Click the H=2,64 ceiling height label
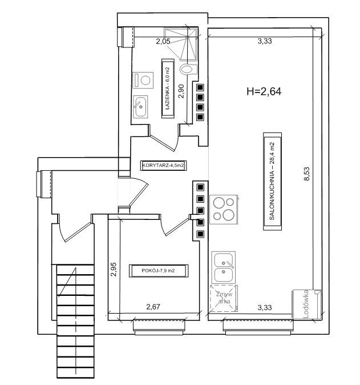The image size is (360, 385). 264,91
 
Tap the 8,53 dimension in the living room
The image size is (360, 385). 307,174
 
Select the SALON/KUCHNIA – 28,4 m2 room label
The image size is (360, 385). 272,181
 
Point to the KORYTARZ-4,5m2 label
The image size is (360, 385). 163,166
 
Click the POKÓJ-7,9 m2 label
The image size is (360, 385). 158,271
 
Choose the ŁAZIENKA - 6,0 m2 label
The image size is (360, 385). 168,88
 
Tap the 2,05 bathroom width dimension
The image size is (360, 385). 163,41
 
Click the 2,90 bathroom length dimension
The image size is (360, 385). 181,91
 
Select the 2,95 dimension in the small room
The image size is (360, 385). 114,270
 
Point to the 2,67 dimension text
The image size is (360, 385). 153,307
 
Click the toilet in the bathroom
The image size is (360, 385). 188,69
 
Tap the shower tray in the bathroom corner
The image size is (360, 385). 181,44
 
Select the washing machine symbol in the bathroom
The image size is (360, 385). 143,81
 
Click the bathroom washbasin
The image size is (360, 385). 140,106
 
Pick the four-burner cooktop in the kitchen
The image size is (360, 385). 224,210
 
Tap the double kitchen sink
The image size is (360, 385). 224,268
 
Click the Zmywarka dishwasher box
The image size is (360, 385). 224,298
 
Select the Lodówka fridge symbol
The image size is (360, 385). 306,304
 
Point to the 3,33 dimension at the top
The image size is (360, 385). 265,41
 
